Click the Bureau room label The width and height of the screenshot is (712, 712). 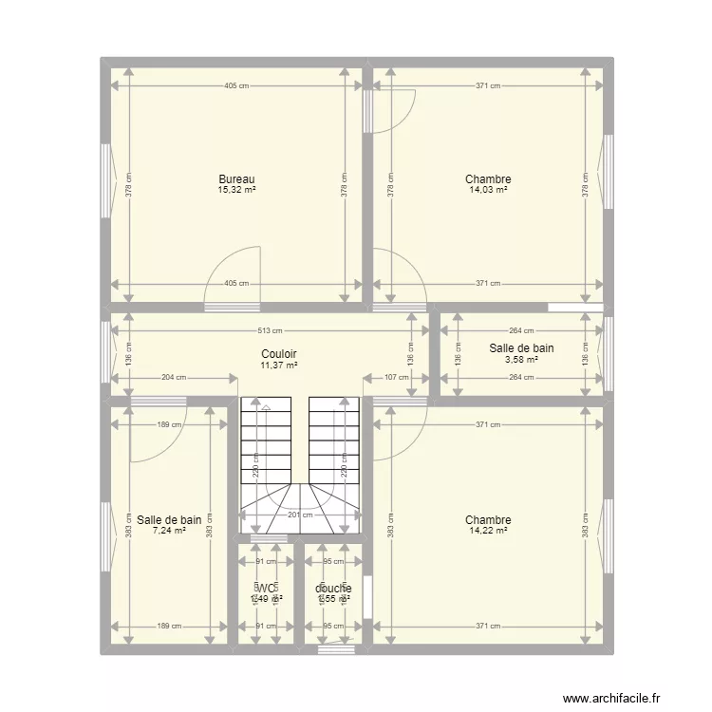point(236,179)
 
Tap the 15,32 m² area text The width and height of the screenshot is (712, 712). point(236,190)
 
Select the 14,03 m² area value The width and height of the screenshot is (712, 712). point(488,190)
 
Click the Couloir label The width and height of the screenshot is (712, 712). point(279,354)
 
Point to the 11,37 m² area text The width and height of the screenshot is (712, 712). point(279,365)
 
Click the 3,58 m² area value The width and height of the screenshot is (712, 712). point(521,359)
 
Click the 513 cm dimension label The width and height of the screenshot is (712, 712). point(271,331)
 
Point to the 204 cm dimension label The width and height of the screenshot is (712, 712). point(174,377)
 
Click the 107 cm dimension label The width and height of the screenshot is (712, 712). point(395,377)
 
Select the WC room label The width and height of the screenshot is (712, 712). point(266,589)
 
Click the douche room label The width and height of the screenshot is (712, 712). point(333,589)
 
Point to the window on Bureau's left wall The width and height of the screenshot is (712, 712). point(105,179)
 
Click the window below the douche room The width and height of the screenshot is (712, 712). point(336,650)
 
